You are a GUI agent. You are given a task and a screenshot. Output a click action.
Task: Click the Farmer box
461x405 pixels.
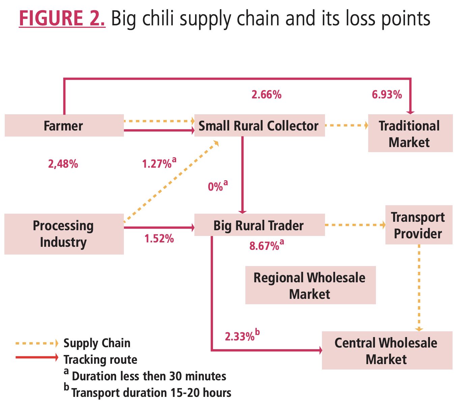tap(64, 125)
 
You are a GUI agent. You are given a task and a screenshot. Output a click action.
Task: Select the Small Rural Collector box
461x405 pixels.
tap(260, 125)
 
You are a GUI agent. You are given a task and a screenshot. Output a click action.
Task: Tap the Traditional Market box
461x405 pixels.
tap(410, 133)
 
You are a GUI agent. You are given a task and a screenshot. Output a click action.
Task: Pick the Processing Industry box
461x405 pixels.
tap(64, 234)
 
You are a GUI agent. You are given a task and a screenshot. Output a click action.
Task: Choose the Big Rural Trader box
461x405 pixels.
tap(260, 225)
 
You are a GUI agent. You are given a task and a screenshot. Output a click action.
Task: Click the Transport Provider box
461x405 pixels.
tap(419, 225)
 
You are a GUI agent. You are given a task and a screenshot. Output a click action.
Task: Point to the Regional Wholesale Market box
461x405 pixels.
tap(310, 285)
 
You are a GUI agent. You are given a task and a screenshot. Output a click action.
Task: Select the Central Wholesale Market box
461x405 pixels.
tap(387, 350)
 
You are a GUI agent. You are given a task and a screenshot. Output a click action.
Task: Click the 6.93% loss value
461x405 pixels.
tap(387, 95)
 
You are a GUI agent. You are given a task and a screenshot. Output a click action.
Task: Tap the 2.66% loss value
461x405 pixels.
tap(267, 95)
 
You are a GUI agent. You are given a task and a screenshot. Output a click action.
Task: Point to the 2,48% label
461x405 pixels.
tap(63, 164)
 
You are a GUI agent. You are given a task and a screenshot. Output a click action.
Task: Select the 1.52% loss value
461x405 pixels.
tap(159, 239)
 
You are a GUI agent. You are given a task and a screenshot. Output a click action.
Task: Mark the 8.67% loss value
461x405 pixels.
tap(267, 245)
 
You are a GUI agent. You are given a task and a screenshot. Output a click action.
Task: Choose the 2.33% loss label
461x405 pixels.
tap(242, 335)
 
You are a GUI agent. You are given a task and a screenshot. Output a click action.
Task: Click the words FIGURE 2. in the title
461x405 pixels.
tap(62, 18)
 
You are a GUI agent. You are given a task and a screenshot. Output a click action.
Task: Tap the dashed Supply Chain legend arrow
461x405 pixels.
tap(37, 343)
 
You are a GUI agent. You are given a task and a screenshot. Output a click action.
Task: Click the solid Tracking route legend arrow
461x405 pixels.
tap(37, 357)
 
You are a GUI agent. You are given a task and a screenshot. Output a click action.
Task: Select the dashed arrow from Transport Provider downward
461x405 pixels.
tap(419, 288)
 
